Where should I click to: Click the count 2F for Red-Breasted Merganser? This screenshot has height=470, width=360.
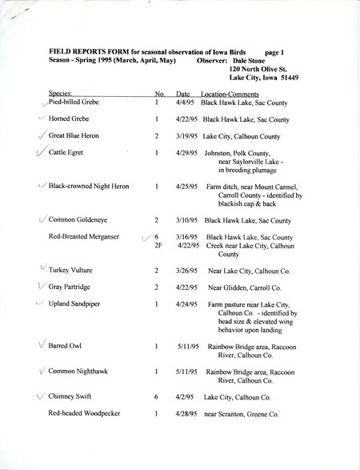click(158, 245)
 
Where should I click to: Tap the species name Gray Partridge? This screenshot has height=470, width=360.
click(70, 287)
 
